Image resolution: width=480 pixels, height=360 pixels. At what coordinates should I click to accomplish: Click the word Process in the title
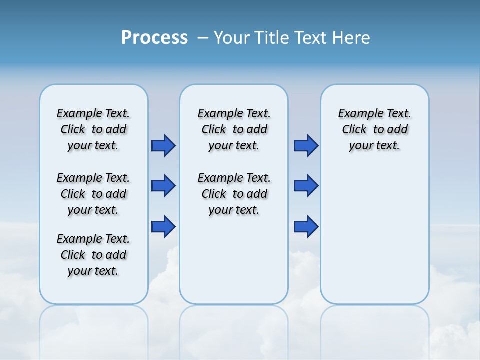click(x=154, y=38)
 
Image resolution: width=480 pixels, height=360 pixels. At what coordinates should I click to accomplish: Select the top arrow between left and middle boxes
click(x=163, y=145)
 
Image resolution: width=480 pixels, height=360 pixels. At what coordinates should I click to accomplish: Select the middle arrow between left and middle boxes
click(x=163, y=186)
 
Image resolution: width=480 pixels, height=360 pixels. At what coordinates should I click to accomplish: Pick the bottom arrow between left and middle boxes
click(x=163, y=227)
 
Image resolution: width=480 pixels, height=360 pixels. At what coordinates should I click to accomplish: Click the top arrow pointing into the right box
click(x=306, y=145)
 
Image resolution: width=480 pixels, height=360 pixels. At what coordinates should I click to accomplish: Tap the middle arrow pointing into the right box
click(x=306, y=186)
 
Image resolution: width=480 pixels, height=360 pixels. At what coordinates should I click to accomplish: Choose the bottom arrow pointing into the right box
click(x=306, y=227)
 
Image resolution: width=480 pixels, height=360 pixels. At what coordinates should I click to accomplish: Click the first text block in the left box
click(x=93, y=129)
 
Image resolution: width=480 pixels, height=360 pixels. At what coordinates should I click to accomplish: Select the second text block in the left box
click(x=93, y=194)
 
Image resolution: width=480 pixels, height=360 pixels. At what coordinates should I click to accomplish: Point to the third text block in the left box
click(x=93, y=255)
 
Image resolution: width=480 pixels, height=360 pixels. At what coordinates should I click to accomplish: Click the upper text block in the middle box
click(x=234, y=129)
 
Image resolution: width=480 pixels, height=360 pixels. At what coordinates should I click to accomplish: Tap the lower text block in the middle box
click(x=234, y=194)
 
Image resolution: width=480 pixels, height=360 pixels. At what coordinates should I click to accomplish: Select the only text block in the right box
click(x=374, y=129)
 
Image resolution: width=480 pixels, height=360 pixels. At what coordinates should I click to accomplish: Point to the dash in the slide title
click(x=203, y=38)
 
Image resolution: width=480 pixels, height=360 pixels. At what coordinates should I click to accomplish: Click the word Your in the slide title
click(x=231, y=38)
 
